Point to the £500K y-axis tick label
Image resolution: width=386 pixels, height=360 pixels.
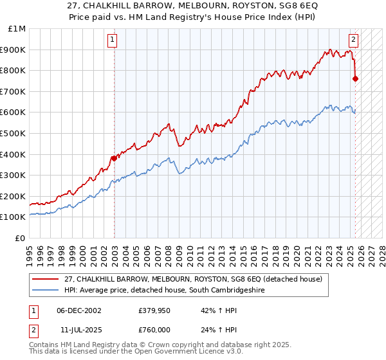(14, 133)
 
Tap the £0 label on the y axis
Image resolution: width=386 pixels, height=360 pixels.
(20, 238)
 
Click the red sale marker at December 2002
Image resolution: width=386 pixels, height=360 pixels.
(114, 158)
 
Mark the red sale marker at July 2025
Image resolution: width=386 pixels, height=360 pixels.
(356, 79)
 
